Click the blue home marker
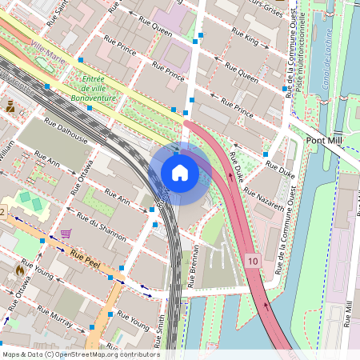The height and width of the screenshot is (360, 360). [180, 172]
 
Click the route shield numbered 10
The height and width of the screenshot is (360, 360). [253, 261]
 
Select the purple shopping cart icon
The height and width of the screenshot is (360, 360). [66, 234]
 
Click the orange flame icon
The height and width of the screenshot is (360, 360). [19, 270]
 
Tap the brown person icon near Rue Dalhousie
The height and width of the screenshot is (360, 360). [11, 106]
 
